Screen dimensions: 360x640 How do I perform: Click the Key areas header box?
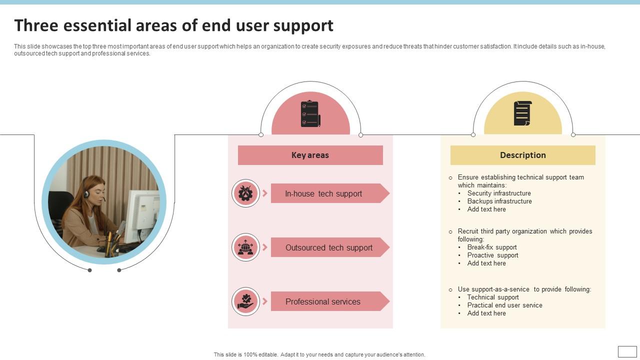point(310,155)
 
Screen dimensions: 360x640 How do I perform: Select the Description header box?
point(522,155)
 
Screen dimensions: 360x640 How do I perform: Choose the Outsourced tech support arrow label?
point(328,247)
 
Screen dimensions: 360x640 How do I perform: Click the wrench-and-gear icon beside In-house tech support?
point(245,193)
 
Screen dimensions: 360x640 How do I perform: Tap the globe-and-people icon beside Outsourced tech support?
point(245,247)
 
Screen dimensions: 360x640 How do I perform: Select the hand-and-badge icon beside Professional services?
point(245,301)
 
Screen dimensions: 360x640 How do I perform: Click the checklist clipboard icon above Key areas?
point(310,114)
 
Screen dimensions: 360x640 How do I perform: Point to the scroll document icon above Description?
point(522,113)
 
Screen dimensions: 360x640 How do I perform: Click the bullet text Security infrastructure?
point(499,193)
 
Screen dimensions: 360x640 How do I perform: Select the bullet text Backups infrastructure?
point(499,201)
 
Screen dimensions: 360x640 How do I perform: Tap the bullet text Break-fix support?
point(492,247)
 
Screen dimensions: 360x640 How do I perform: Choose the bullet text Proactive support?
point(492,255)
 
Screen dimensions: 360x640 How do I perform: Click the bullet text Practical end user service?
point(504,305)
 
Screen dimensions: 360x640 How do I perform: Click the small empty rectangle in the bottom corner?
point(627,351)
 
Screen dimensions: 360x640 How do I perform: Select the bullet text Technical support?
point(493,297)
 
